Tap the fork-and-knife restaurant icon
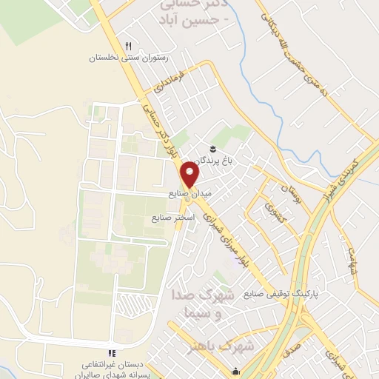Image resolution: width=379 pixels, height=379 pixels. (129, 45)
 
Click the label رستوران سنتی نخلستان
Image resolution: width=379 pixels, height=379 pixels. (130, 57)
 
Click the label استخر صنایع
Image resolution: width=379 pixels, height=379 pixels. (172, 218)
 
